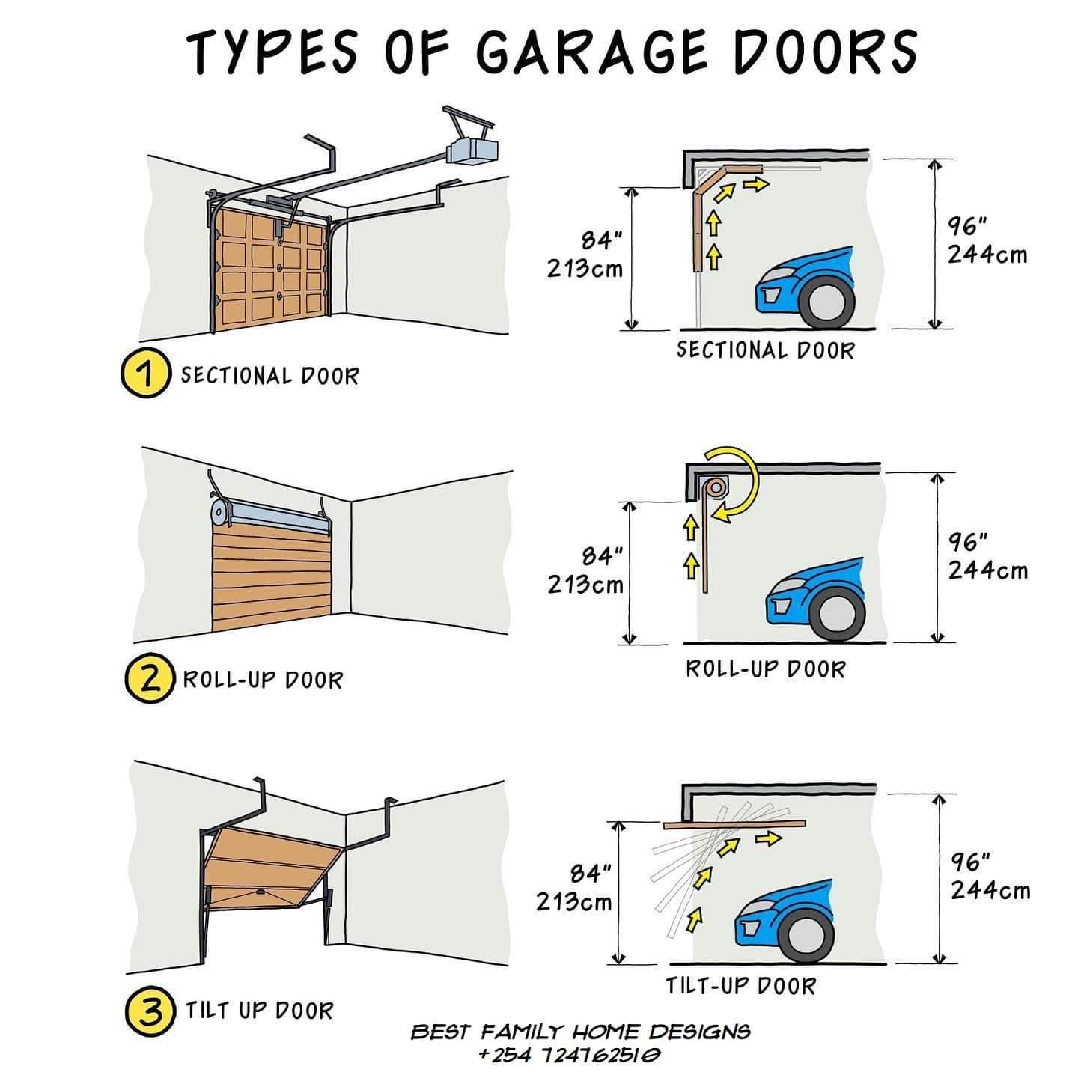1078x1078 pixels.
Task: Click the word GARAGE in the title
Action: coord(591,52)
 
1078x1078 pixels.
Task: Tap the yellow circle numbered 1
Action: coord(143,374)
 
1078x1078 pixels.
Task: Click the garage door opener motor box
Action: coord(472,149)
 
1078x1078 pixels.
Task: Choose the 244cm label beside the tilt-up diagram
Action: coord(990,891)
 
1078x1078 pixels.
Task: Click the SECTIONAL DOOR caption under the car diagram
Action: coord(765,350)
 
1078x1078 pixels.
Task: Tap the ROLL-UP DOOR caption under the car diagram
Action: coord(765,669)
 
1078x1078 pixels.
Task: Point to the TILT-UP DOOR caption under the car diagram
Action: coord(740,985)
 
